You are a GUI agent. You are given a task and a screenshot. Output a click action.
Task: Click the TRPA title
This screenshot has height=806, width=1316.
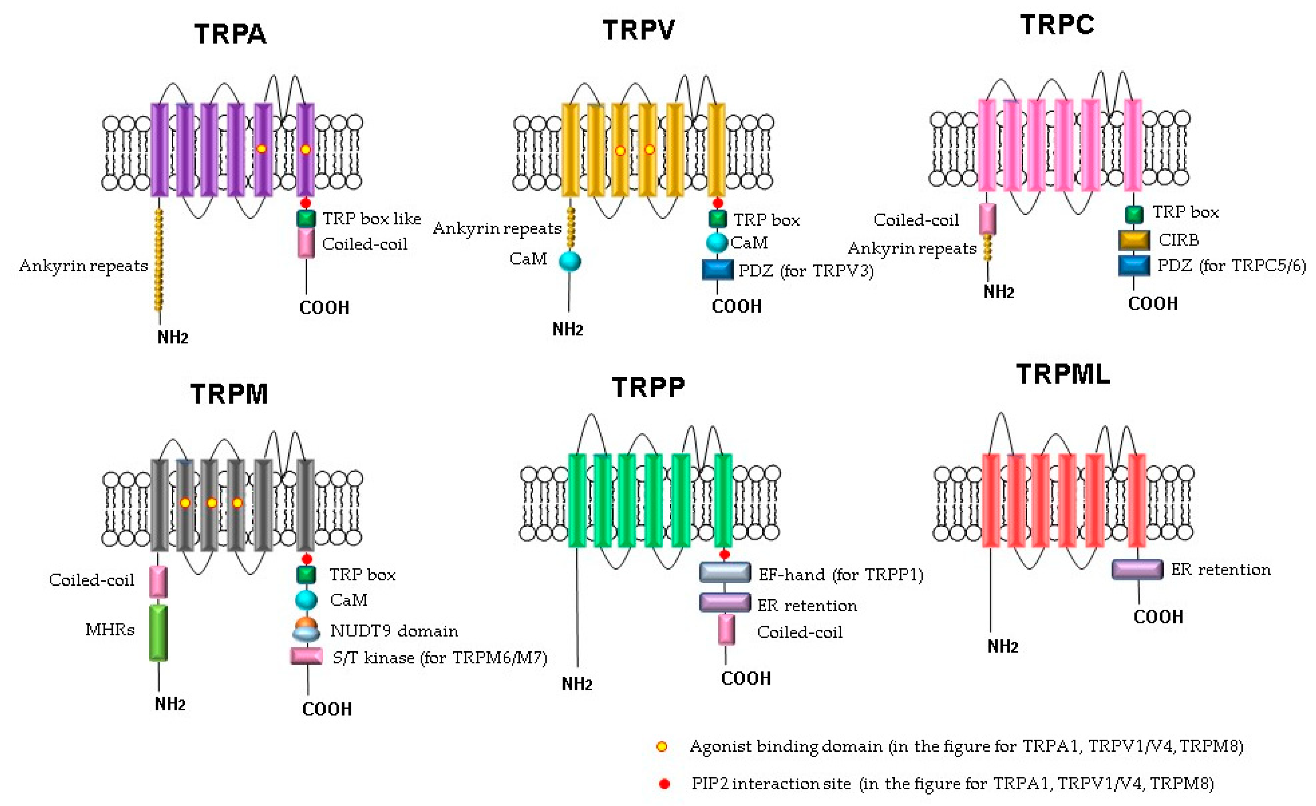230,34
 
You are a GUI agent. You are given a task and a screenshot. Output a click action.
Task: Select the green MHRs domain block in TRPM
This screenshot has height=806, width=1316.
158,632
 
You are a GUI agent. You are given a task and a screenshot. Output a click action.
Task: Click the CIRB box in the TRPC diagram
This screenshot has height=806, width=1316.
1134,240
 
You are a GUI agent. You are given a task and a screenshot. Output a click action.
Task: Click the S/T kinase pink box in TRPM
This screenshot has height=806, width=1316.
306,656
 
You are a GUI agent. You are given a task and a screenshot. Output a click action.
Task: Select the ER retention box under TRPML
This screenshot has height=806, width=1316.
1137,569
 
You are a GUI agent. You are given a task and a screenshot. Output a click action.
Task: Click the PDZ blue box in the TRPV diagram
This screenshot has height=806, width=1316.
717,270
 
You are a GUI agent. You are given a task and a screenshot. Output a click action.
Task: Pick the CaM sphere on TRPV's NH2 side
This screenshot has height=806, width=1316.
570,261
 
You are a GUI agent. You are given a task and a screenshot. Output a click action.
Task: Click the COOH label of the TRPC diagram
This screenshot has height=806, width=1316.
1153,304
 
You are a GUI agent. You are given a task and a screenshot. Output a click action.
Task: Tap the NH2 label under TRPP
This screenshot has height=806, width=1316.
577,684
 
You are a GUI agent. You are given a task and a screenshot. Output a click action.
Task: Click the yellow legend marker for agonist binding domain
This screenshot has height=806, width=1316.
662,747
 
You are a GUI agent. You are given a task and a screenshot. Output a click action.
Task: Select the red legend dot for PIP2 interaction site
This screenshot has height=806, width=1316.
664,784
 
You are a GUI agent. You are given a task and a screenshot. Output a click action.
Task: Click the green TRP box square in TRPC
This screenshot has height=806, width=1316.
1134,214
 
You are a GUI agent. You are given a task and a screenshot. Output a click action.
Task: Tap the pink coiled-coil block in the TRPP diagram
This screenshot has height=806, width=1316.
726,630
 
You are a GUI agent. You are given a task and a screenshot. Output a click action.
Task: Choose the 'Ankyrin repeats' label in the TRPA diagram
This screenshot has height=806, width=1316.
83,266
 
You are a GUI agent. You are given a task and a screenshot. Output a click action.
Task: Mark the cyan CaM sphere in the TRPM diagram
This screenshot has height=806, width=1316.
306,600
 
